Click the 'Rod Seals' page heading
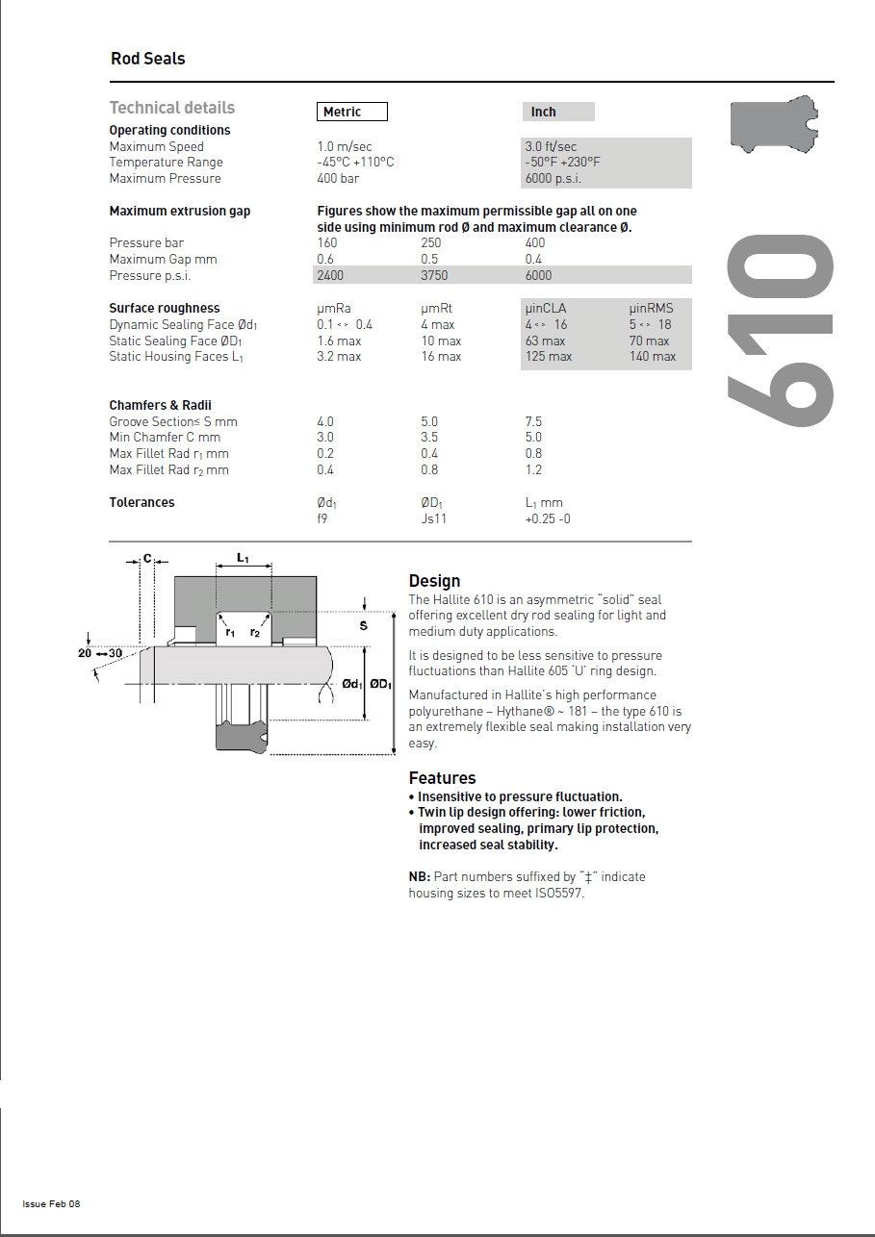coord(147,59)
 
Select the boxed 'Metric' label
coord(351,112)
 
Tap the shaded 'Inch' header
coord(544,112)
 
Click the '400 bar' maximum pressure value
coord(338,178)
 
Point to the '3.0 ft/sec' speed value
coord(551,146)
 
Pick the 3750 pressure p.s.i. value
coord(435,275)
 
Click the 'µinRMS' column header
coord(652,308)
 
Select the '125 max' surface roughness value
coord(549,356)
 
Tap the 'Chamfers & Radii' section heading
coord(160,405)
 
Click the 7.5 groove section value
coord(533,421)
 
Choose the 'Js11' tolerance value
coord(433,518)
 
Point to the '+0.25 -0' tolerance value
coord(548,518)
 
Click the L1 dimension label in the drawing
coord(243,558)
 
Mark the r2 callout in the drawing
coord(255,632)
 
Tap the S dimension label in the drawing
coord(364,626)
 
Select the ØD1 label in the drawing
coord(381,684)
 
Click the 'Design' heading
coord(434,580)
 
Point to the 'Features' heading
coord(442,777)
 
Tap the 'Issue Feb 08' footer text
coord(51,1204)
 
